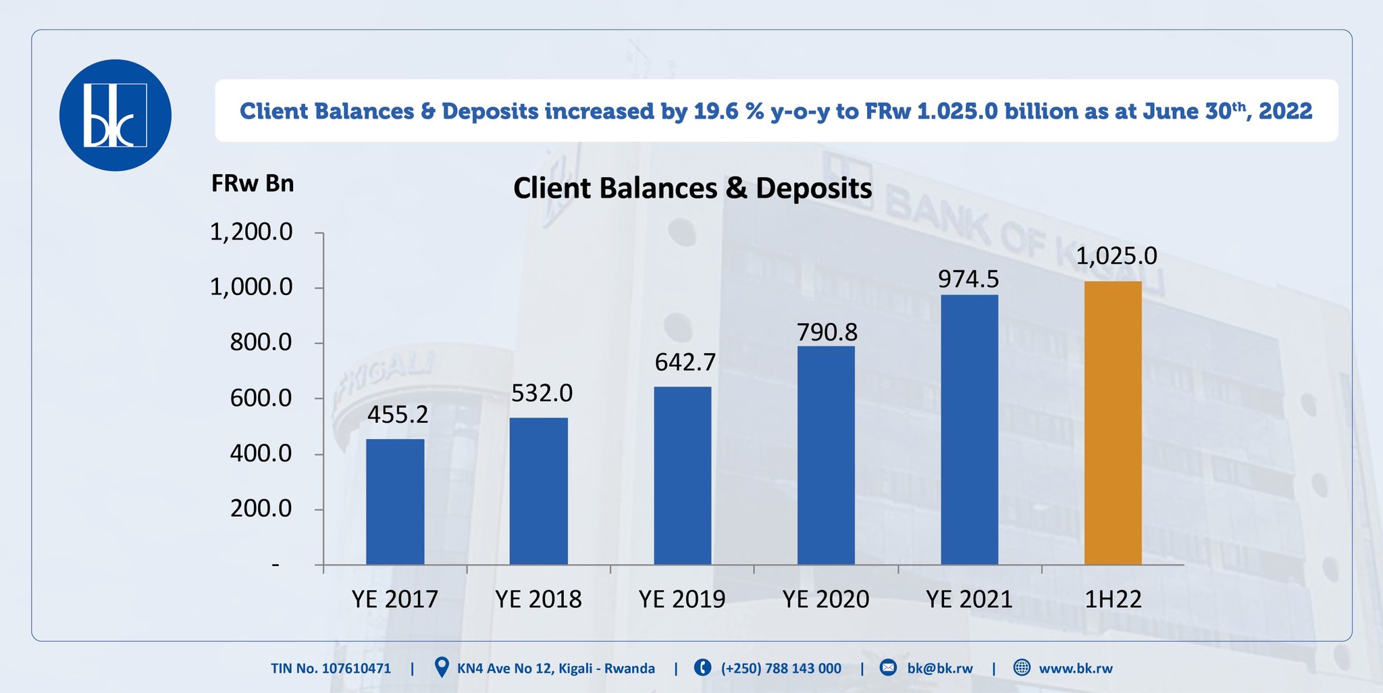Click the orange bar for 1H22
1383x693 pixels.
(1113, 423)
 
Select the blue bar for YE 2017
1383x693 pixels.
(395, 502)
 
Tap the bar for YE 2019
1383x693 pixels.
(682, 476)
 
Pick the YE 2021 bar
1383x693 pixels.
(969, 430)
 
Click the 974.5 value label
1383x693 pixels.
(968, 279)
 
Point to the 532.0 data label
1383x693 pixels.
(542, 393)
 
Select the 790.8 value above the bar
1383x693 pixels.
(827, 332)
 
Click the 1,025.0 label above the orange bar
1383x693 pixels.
(1116, 256)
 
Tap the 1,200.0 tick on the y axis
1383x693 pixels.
(251, 232)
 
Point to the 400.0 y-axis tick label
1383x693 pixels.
(261, 453)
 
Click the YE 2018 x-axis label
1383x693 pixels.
(538, 599)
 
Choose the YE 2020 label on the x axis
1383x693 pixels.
(826, 599)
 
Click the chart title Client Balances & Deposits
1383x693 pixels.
(693, 188)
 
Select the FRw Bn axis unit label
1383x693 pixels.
(253, 184)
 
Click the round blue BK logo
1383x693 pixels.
(115, 115)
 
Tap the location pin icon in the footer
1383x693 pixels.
(442, 667)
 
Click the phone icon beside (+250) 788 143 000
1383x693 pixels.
(702, 668)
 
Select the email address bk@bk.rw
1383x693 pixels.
(940, 669)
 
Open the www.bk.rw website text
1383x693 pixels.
(1076, 669)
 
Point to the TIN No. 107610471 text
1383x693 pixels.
(331, 669)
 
